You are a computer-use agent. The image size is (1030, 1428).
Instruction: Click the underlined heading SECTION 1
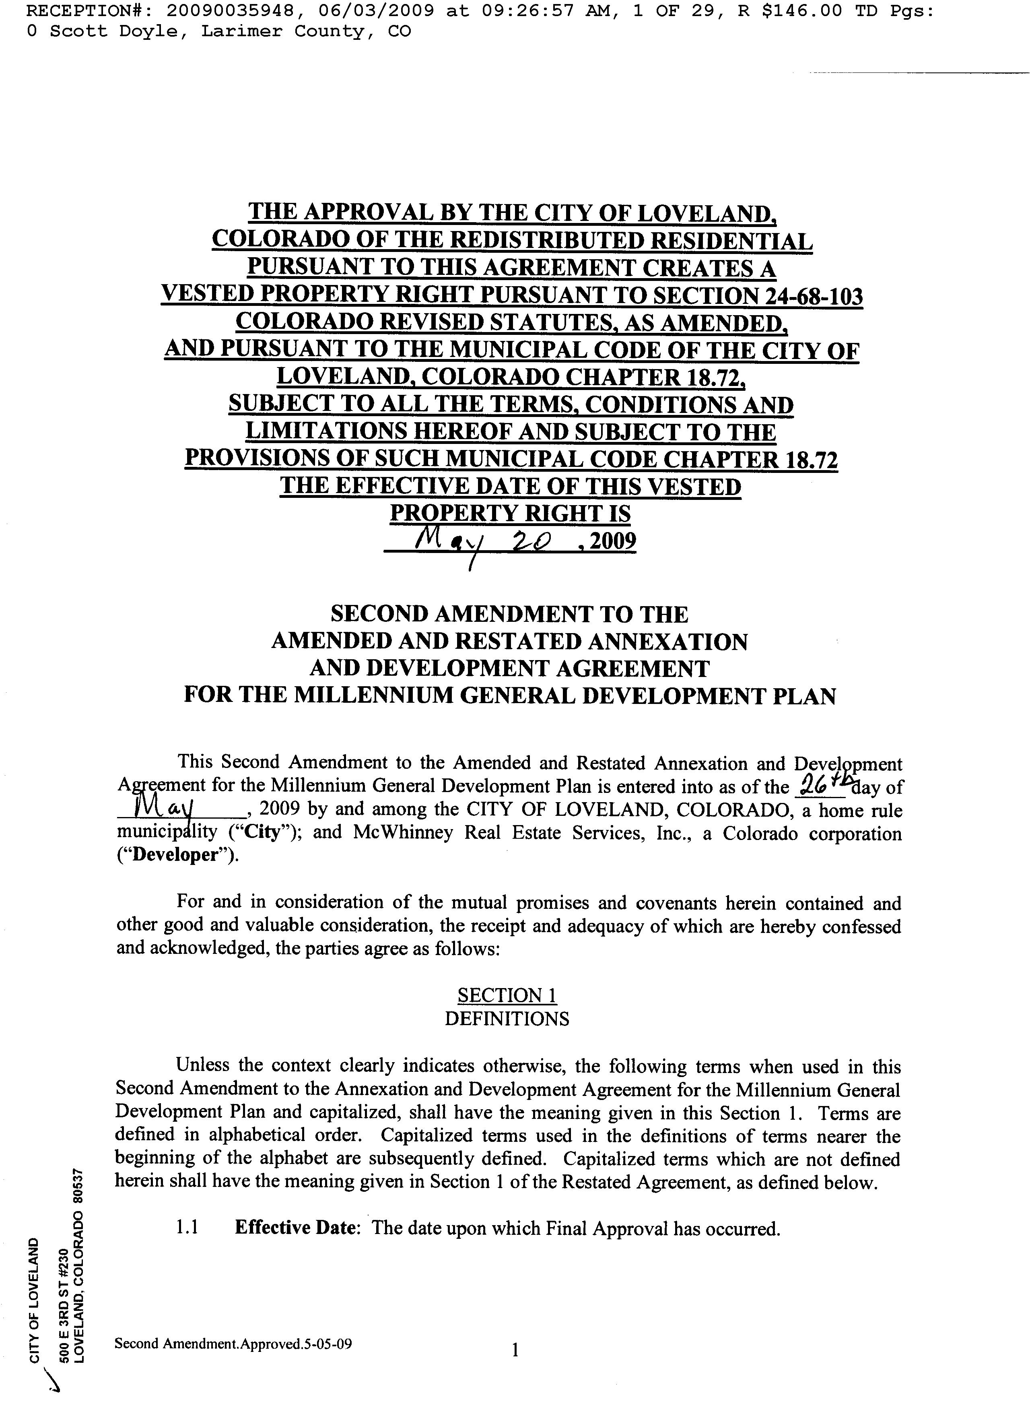[507, 995]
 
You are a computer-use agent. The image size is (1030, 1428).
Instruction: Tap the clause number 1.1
[187, 1228]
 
